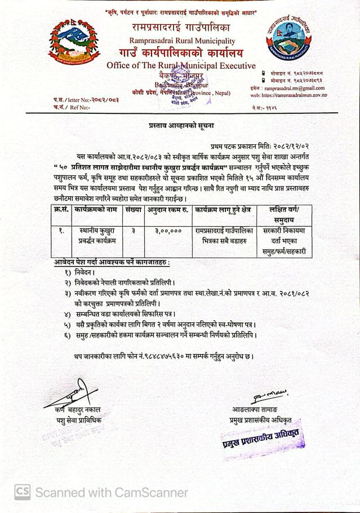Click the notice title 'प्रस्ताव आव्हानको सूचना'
(x=179, y=122)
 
